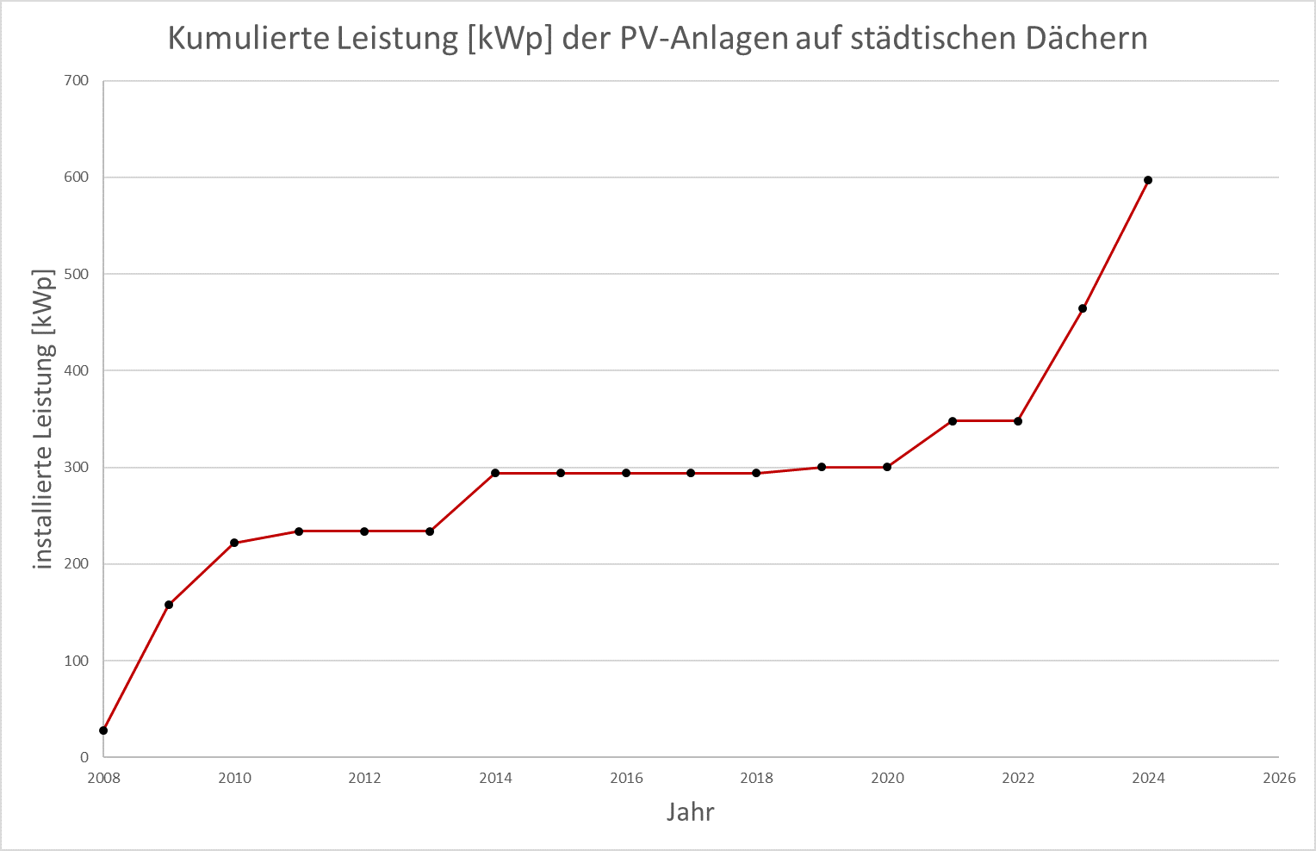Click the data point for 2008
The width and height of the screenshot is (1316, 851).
coord(103,730)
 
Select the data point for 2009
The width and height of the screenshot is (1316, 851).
coord(169,605)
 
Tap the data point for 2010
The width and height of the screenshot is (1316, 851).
coord(234,543)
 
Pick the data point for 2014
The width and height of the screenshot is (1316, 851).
coord(495,473)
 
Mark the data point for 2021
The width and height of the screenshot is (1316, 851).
coord(953,421)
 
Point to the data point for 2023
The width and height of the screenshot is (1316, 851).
coord(1083,308)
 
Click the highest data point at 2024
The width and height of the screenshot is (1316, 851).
coord(1148,180)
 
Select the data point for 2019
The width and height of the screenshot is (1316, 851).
coord(822,467)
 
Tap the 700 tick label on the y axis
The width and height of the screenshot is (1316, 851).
coord(77,81)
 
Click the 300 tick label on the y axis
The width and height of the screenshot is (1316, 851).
coord(77,468)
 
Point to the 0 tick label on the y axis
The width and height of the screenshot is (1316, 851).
coord(84,758)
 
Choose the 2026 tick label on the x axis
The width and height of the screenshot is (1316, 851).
coord(1279,779)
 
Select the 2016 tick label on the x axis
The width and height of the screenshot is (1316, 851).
coord(626,779)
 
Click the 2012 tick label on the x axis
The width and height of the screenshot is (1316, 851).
coord(364,779)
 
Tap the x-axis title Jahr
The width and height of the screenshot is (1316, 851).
coord(691,812)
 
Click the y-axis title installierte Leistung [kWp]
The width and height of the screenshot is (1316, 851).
coord(43,419)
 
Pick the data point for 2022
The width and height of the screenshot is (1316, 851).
coord(1018,421)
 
